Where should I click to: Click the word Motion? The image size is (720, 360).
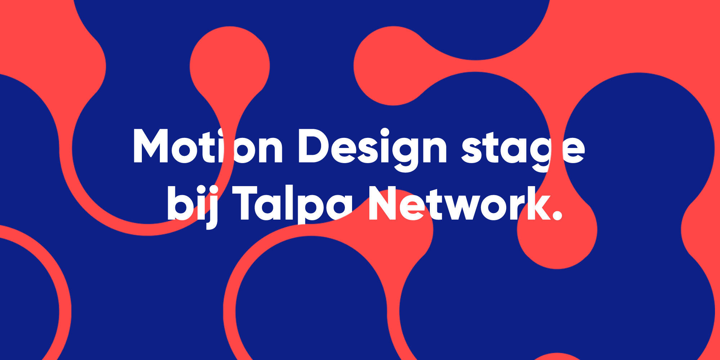208,146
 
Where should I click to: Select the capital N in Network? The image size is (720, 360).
383,203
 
